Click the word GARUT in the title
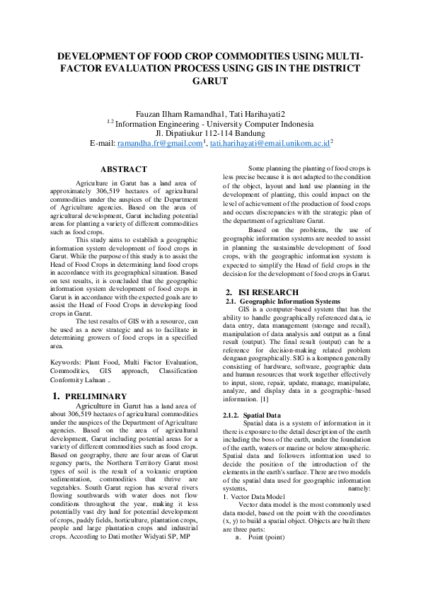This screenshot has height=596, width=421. pyautogui.click(x=210, y=81)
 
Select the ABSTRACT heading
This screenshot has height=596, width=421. pyautogui.click(x=124, y=169)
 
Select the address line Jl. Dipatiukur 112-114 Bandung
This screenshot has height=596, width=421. pyautogui.click(x=210, y=132)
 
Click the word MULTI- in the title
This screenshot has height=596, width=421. pyautogui.click(x=340, y=55)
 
